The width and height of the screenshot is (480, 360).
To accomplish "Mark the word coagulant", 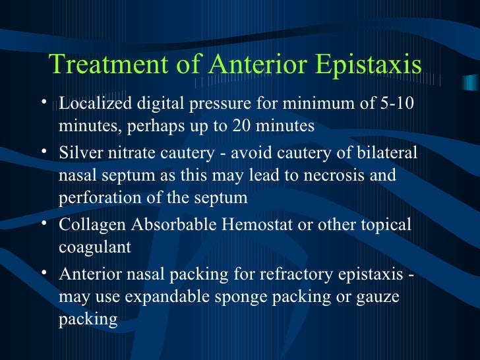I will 95,246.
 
